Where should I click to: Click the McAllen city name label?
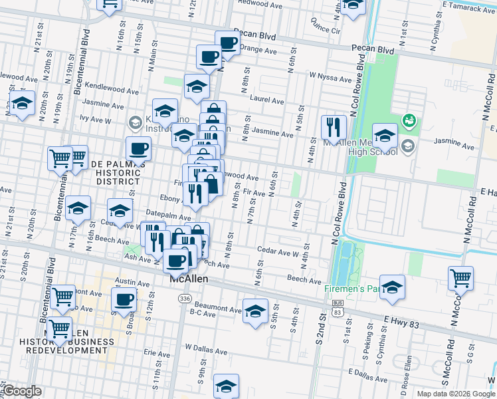(x=189, y=279)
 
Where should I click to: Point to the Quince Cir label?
(x=325, y=31)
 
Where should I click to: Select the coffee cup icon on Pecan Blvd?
(x=227, y=43)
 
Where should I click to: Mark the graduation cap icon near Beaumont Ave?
(x=255, y=311)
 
